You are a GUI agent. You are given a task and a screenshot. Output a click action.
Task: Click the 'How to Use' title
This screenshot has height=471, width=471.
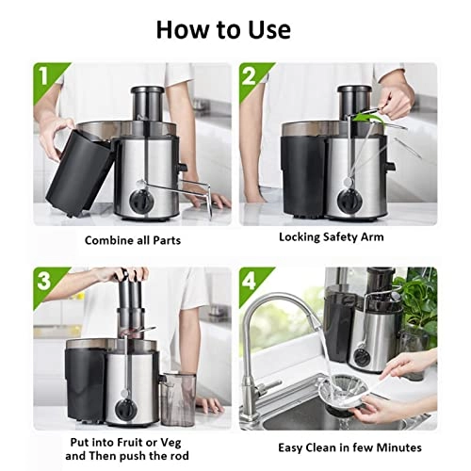(235, 29)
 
